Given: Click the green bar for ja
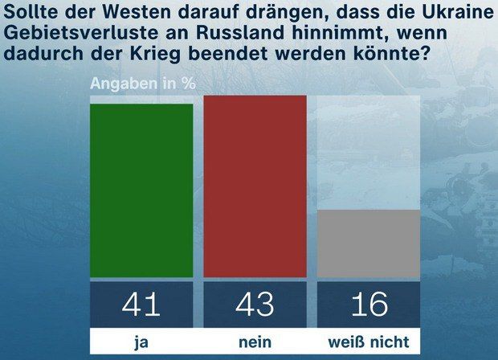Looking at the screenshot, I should tap(141, 190).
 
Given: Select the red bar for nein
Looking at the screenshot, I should tap(255, 186).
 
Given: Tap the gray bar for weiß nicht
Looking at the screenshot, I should tap(369, 243).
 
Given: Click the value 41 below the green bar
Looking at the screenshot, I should tap(141, 305).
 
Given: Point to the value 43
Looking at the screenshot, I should tap(255, 305).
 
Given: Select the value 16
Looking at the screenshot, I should tap(369, 305).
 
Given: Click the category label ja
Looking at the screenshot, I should tap(141, 342).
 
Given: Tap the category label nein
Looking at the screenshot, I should tap(255, 342).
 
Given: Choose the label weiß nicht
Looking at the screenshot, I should tap(369, 342).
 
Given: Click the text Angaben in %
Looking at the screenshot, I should tap(142, 83).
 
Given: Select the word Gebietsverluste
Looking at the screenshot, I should tap(65, 39).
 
